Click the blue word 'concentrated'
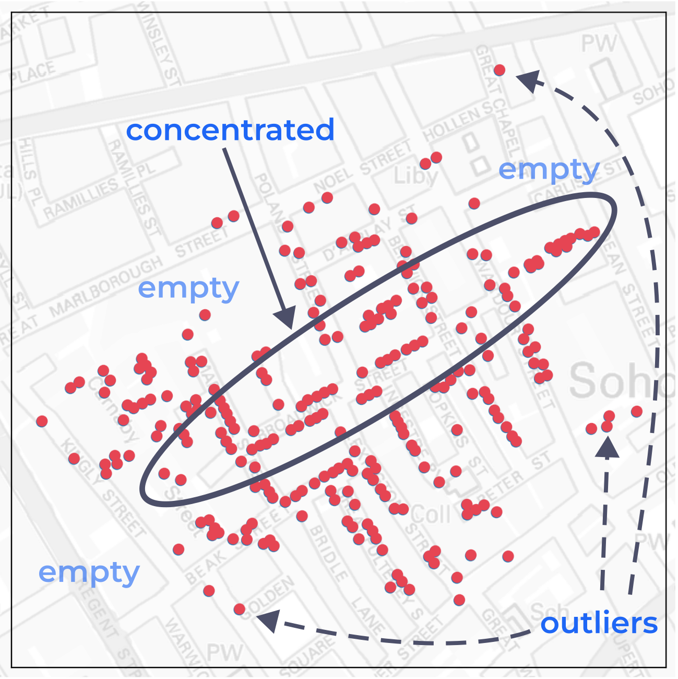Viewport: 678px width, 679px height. [x=230, y=130]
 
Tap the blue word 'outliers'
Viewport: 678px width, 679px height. [x=599, y=624]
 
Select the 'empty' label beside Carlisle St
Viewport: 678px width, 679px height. [x=548, y=170]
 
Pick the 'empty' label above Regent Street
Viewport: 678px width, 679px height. [x=89, y=573]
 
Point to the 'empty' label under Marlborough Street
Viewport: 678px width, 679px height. [x=188, y=288]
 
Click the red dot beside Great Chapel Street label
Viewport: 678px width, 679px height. [x=499, y=69]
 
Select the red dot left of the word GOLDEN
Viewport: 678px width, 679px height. [x=239, y=609]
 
